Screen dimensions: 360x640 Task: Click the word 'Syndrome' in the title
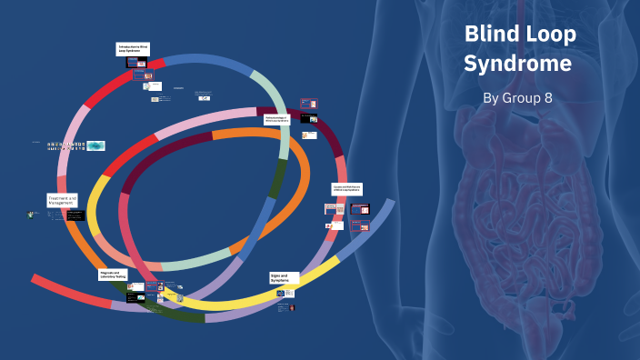[x=517, y=65]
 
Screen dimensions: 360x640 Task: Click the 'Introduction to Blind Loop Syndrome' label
[x=133, y=49]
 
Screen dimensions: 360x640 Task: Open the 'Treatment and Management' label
[x=63, y=200]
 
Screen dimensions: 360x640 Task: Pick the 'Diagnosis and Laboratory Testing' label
[x=113, y=274]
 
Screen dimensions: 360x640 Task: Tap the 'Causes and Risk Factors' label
[x=347, y=189]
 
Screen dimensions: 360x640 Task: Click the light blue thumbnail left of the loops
[x=95, y=145]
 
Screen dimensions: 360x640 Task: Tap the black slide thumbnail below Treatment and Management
[x=75, y=216]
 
